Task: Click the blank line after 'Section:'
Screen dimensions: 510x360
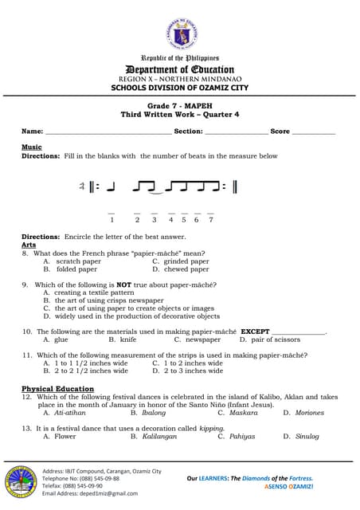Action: [237, 131]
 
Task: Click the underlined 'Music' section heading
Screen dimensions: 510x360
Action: [32, 147]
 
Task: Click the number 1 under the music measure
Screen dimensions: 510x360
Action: [112, 219]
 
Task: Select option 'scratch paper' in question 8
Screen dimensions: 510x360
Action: [78, 261]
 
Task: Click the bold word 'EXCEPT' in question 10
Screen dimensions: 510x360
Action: [256, 331]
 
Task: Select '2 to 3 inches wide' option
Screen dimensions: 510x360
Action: [194, 371]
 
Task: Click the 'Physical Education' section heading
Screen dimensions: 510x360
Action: [53, 388]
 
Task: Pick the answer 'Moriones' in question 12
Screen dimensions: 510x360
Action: [309, 413]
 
